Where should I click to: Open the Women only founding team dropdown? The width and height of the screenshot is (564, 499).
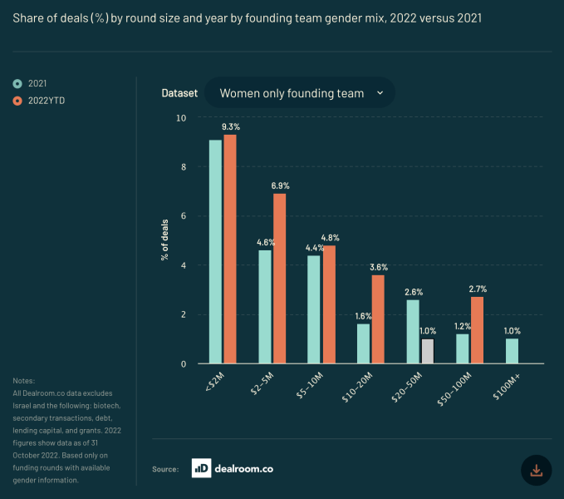300,93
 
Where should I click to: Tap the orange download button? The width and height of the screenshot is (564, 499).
536,470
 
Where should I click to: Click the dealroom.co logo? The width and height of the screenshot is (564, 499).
232,468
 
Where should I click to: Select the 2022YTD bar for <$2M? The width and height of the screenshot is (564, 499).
230,249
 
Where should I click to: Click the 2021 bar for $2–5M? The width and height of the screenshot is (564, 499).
264,307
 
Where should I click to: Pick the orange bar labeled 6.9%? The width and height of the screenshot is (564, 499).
279,279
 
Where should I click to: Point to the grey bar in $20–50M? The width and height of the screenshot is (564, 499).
427,351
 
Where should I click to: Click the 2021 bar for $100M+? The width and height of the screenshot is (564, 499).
512,351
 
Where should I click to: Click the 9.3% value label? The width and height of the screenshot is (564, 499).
230,127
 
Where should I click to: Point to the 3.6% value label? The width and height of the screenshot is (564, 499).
378,267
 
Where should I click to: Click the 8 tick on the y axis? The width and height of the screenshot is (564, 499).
184,167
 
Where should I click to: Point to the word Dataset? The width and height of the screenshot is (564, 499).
179,93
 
